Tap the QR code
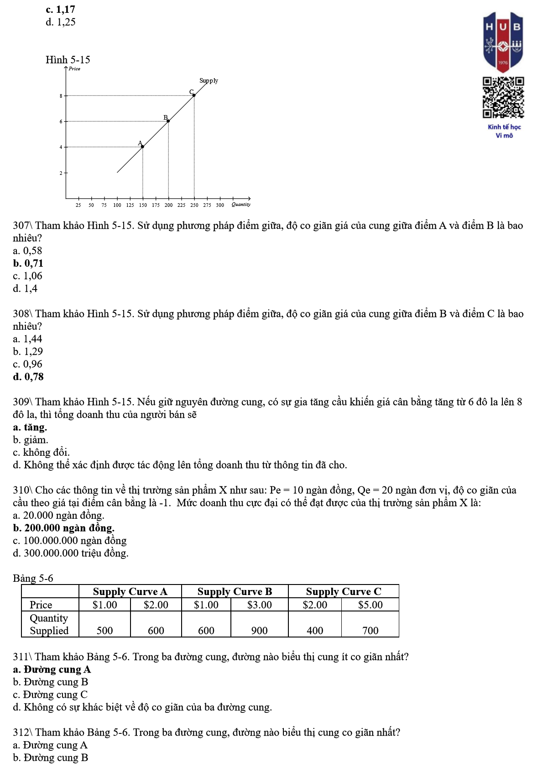[x=503, y=98]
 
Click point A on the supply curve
[x=142, y=147]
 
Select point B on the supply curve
[x=168, y=121]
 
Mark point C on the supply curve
[x=194, y=95]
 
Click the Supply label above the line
[x=209, y=81]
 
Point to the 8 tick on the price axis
[x=61, y=96]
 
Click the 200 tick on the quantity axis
[x=168, y=205]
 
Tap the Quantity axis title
[x=241, y=205]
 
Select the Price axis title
[x=74, y=69]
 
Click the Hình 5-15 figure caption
[x=68, y=60]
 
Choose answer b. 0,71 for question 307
[x=28, y=263]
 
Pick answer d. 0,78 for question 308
[x=28, y=377]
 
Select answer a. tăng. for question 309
[x=30, y=427]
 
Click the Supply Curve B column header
[x=235, y=592]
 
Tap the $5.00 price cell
[x=370, y=605]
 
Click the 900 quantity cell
[x=259, y=631]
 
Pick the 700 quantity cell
[x=370, y=631]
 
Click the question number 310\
[x=22, y=490]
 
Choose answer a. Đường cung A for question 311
[x=52, y=670]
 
